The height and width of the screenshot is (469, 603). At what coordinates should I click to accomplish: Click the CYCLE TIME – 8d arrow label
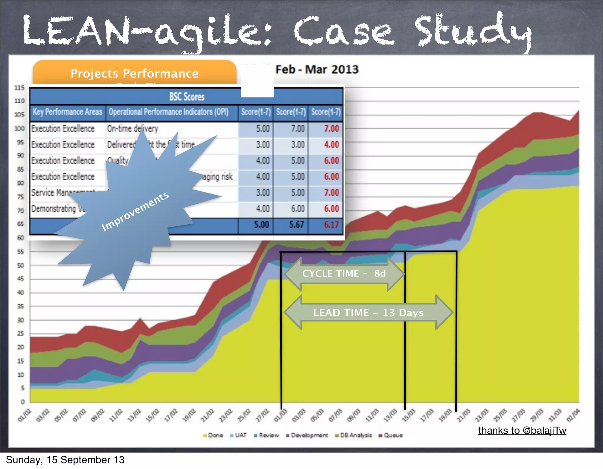click(x=344, y=274)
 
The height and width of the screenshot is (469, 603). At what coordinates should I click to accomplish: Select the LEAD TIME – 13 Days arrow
click(x=368, y=312)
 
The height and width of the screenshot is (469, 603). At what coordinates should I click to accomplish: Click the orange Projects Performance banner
click(x=135, y=73)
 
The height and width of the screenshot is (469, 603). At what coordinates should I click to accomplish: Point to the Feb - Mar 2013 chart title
click(x=317, y=69)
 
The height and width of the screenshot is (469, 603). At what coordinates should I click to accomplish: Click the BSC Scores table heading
click(x=187, y=97)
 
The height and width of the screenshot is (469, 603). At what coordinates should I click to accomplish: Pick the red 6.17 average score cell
click(x=331, y=225)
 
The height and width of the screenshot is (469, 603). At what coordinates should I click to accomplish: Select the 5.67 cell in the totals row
click(x=296, y=225)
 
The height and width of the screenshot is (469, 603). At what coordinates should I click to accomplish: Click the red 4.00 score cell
click(x=331, y=145)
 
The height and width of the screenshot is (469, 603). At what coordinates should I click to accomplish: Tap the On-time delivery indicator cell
click(x=132, y=129)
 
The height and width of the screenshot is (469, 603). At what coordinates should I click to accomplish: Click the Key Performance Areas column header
click(x=67, y=112)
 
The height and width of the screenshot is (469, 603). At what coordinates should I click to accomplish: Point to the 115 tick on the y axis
click(x=19, y=88)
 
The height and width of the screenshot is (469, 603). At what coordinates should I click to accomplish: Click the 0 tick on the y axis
click(x=23, y=402)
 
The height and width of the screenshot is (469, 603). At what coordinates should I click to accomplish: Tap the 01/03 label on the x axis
click(x=280, y=415)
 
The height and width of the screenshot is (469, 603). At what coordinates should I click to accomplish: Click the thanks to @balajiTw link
click(x=522, y=430)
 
